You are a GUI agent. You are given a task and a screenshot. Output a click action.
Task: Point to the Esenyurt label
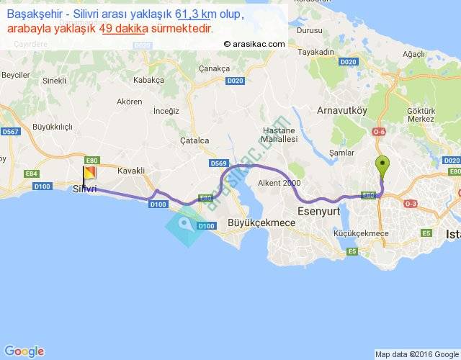coord(317,212)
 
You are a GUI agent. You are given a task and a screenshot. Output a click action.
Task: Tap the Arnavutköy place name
coord(343,110)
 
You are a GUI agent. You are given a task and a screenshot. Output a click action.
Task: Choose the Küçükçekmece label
coord(362,234)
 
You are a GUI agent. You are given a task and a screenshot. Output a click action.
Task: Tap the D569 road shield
coord(219,164)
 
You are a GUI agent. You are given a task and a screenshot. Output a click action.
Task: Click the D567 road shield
coord(10,132)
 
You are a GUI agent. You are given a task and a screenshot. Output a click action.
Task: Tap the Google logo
coord(24,351)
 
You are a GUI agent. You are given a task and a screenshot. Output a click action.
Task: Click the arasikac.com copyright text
coord(254,43)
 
